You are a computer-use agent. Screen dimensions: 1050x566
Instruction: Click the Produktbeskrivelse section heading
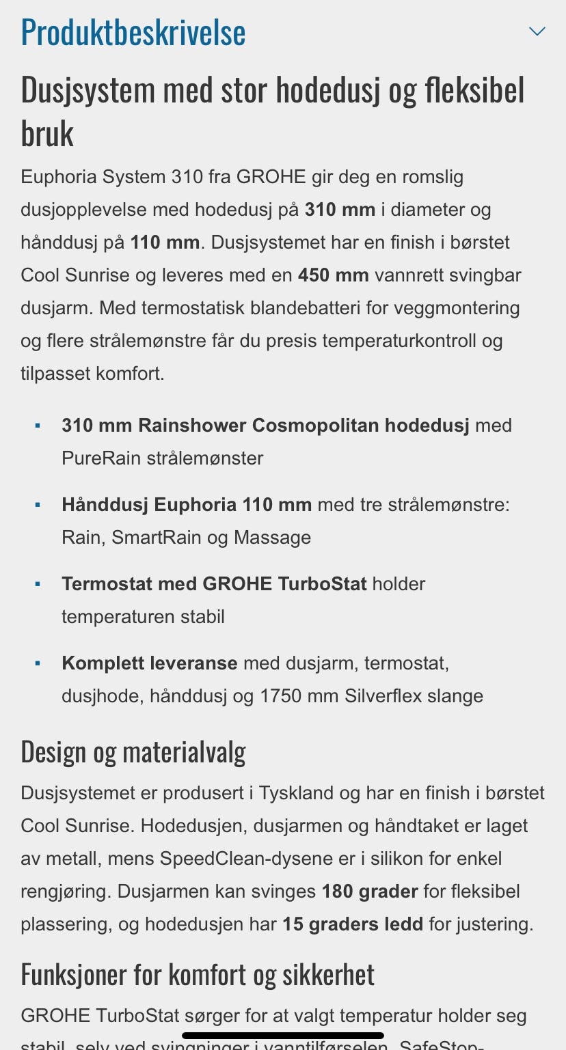click(133, 32)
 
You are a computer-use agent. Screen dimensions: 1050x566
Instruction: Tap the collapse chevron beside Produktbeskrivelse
click(537, 31)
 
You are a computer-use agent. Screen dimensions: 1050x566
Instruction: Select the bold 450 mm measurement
click(333, 275)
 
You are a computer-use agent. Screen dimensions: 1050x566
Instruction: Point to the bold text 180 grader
click(370, 892)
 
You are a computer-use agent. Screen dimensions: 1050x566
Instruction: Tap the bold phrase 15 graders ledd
click(353, 924)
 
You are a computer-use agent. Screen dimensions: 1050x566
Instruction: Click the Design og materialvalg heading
click(133, 752)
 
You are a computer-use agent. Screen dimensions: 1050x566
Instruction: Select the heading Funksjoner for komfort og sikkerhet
click(198, 975)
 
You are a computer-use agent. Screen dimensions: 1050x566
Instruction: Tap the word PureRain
click(101, 458)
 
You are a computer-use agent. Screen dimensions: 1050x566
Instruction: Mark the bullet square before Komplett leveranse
click(38, 664)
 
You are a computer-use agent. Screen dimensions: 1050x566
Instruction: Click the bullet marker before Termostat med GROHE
click(38, 585)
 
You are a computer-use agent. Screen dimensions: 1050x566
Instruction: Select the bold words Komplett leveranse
click(150, 663)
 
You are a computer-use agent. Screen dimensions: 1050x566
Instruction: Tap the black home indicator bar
click(283, 1036)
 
